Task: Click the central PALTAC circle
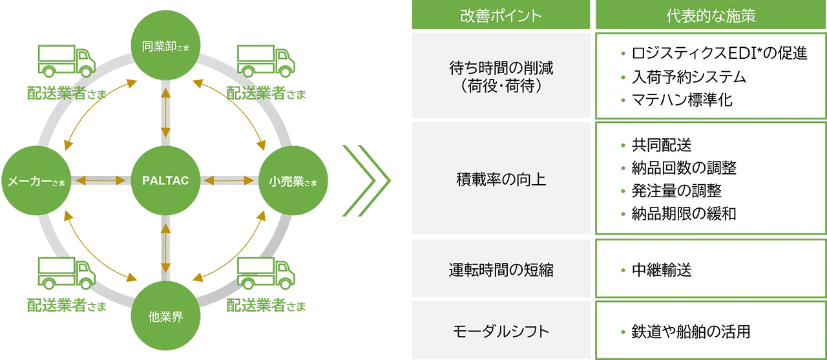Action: tap(165, 180)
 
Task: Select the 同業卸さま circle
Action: tap(165, 45)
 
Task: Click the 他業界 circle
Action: tap(165, 317)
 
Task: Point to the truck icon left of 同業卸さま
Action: tap(67, 61)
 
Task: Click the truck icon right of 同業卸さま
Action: tap(265, 61)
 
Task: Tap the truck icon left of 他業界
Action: tap(67, 275)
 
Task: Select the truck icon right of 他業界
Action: tap(265, 275)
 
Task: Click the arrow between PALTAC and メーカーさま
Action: tap(99, 181)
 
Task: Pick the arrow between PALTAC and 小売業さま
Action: tap(231, 181)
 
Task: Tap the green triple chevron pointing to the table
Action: tap(368, 181)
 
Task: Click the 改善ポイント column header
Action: tap(501, 16)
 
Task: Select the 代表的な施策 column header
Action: tap(711, 16)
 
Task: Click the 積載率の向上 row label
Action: tap(501, 180)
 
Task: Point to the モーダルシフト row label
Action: tap(501, 332)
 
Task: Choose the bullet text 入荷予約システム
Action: tap(688, 77)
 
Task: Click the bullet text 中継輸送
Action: tap(661, 270)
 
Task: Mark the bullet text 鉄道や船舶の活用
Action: tap(690, 332)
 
